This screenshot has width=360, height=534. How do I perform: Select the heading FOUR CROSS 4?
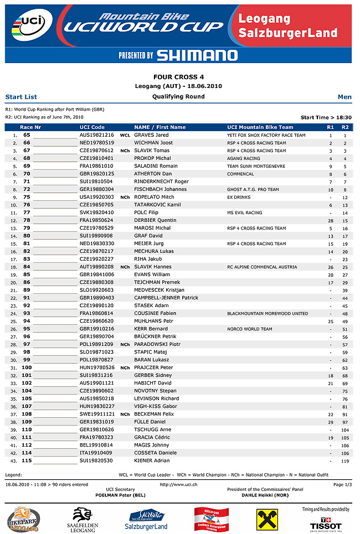pos(178,77)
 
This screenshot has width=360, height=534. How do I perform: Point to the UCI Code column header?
pos(92,127)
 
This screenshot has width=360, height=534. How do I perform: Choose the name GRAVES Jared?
pos(151,135)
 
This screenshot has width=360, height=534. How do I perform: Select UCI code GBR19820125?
pos(96,174)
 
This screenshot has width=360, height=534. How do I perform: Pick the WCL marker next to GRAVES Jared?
pos(125,135)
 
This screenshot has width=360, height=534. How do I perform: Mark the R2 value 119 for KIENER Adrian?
pos(345,460)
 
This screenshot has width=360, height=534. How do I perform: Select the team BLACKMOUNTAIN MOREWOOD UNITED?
pos(268,313)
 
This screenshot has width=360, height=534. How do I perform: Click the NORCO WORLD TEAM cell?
pos(249,329)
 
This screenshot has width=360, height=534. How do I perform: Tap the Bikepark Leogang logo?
pos(23,520)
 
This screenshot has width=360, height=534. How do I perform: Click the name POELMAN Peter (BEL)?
pos(120,495)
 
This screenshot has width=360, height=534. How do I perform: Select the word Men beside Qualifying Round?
pos(344,97)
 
